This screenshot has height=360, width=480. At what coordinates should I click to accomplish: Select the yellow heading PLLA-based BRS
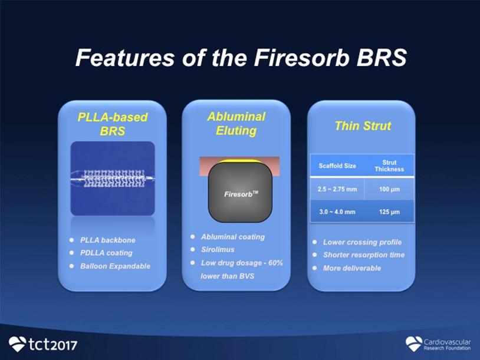pyautogui.click(x=113, y=124)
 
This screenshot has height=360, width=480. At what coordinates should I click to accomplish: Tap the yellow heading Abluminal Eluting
pyautogui.click(x=236, y=124)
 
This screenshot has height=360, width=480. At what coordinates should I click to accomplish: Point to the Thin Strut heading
pyautogui.click(x=363, y=125)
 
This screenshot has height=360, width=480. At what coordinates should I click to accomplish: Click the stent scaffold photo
pyautogui.click(x=113, y=179)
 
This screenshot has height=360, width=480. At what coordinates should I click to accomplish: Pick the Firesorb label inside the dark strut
pyautogui.click(x=241, y=194)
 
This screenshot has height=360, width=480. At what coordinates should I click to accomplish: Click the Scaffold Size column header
pyautogui.click(x=337, y=166)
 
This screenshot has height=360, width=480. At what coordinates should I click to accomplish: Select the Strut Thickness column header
pyautogui.click(x=389, y=166)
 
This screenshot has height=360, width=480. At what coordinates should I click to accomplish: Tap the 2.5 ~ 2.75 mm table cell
pyautogui.click(x=337, y=189)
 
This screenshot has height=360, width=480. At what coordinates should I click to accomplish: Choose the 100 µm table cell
pyautogui.click(x=389, y=189)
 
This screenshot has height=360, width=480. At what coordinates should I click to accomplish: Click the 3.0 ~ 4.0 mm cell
pyautogui.click(x=337, y=212)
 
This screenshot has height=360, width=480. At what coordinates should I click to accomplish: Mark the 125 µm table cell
pyautogui.click(x=389, y=212)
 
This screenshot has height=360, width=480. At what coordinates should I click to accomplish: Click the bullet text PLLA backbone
pyautogui.click(x=108, y=240)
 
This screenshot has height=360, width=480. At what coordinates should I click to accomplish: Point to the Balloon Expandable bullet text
pyautogui.click(x=115, y=266)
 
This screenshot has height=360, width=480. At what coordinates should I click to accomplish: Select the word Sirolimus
pyautogui.click(x=218, y=250)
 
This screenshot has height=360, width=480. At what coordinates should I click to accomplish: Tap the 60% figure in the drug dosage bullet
pyautogui.click(x=275, y=263)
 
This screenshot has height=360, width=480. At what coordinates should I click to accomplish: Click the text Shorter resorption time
pyautogui.click(x=364, y=255)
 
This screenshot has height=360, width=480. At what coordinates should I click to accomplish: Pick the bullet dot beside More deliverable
pyautogui.click(x=315, y=268)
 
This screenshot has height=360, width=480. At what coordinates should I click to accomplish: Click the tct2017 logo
pyautogui.click(x=43, y=344)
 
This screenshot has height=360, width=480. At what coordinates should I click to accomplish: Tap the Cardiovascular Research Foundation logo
pyautogui.click(x=438, y=344)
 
